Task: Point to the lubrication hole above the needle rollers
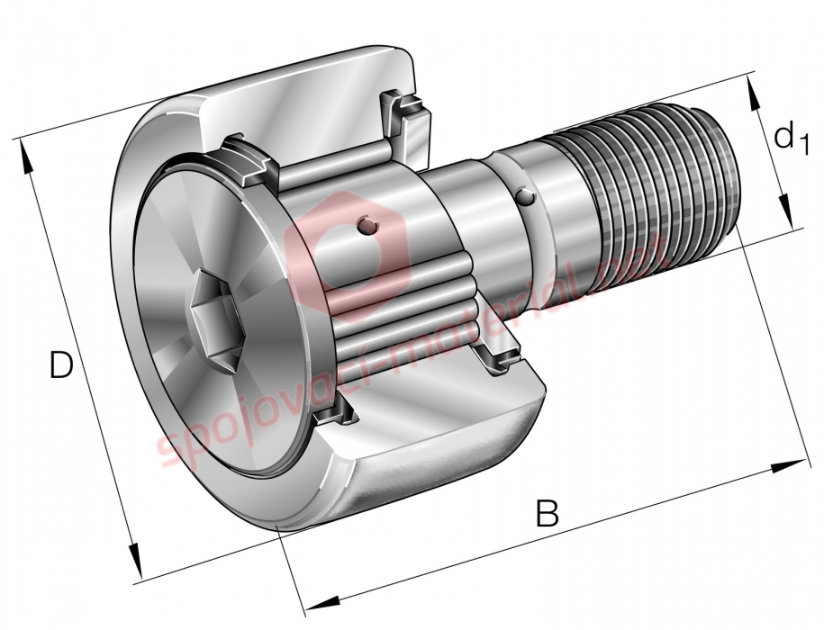coord(367,225)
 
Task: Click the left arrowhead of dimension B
coord(322,604)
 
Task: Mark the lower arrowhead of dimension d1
coord(784,209)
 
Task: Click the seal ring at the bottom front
coord(335,413)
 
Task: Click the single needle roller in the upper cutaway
coord(332,164)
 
